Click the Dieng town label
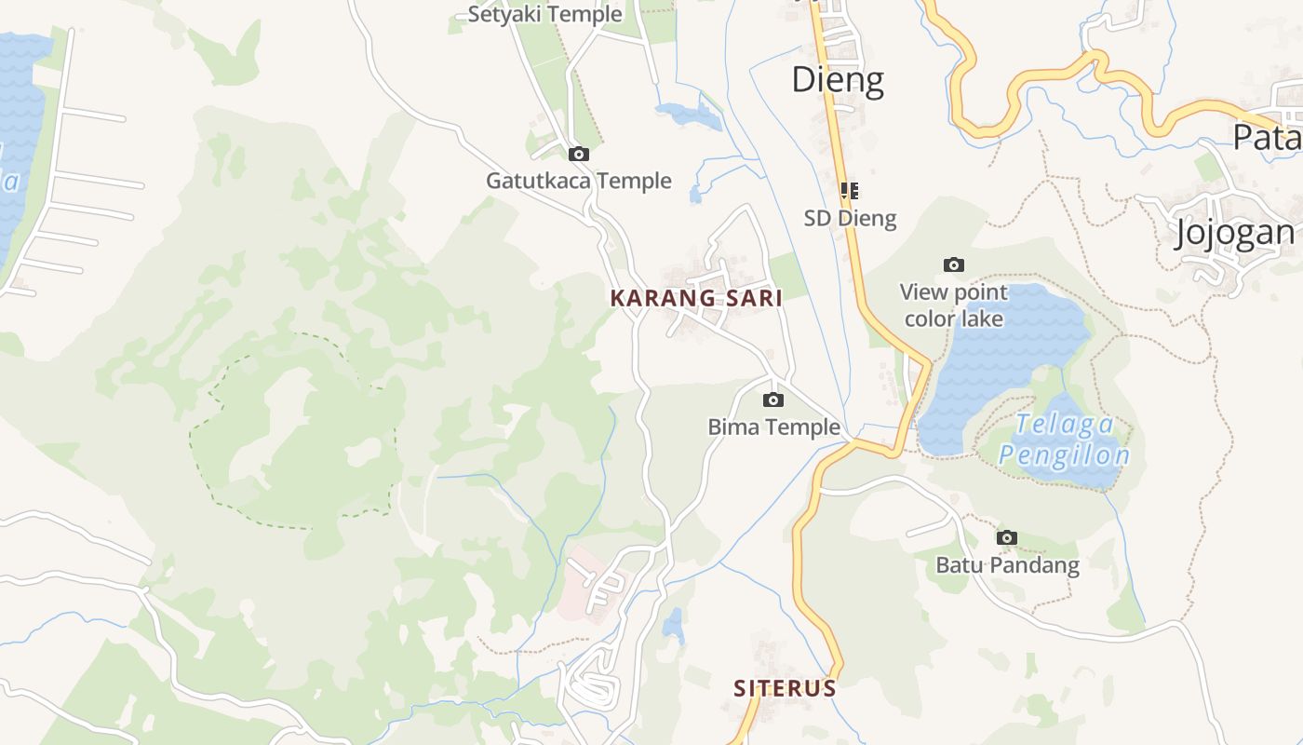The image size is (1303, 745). coord(837,80)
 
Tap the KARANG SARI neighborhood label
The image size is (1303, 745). coord(695,298)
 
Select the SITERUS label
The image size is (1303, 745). coord(785,688)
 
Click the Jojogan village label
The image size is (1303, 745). coord(1234,233)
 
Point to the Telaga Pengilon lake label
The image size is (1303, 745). coord(1064,440)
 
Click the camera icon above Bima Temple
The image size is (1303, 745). coord(772,400)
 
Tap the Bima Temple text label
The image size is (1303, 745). coord(773,427)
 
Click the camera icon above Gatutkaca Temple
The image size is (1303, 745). coord(579,155)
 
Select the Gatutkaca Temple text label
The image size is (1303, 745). coord(578,181)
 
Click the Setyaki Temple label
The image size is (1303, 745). coord(544,14)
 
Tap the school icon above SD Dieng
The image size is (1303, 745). coord(849,191)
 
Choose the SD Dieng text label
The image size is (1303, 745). coord(850,218)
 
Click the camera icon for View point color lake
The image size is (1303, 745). coord(954,265)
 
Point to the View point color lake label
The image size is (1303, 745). coord(954,305)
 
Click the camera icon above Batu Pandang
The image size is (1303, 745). coord(1007,538)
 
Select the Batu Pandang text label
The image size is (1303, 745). coord(1007,565)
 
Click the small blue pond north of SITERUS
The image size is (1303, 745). coord(673,626)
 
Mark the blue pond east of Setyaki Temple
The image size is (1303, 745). coord(690,115)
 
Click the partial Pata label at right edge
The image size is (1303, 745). coord(1266,137)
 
